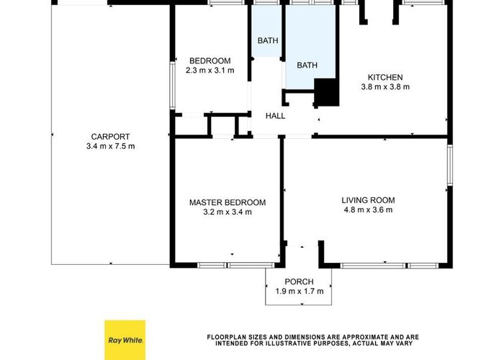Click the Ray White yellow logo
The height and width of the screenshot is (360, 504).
tap(125, 340)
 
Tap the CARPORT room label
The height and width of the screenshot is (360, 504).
tap(110, 137)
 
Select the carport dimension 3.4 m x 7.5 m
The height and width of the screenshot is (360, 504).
tap(110, 146)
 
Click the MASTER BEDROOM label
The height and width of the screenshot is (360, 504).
tap(228, 202)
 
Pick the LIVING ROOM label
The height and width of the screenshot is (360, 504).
tap(369, 200)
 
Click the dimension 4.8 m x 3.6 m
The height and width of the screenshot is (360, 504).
tap(369, 210)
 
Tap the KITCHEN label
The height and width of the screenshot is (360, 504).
tap(385, 77)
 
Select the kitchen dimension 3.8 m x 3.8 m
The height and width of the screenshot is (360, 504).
tap(385, 87)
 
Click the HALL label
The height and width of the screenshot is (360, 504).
tap(275, 116)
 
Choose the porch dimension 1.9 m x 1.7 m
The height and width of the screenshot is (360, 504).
tap(300, 292)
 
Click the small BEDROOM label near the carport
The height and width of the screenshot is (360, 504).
tap(210, 60)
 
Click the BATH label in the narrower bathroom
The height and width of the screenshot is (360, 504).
tap(267, 41)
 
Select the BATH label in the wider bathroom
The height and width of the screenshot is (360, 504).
tap(307, 66)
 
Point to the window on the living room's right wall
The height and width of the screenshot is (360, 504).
tap(449, 166)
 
